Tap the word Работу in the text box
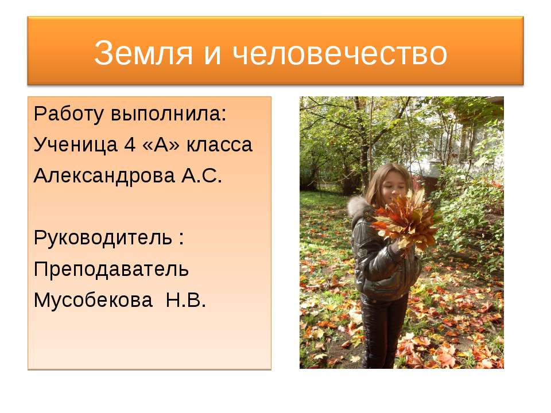[x=68, y=114]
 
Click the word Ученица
[x=75, y=145]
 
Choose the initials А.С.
[x=201, y=176]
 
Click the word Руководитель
[x=103, y=237]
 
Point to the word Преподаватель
[x=111, y=268]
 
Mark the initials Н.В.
[x=185, y=299]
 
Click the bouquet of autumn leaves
[x=404, y=221]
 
